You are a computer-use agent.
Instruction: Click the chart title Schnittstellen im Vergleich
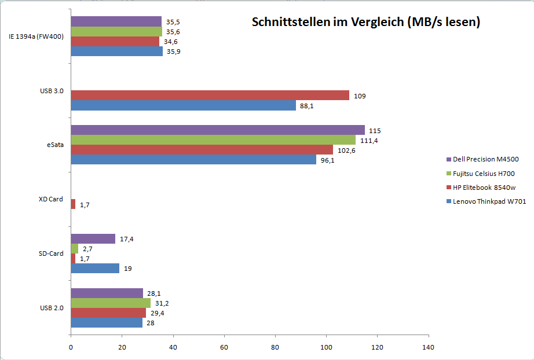point(366,23)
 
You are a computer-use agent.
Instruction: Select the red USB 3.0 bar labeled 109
point(210,95)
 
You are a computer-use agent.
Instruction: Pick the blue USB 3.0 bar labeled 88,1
point(184,105)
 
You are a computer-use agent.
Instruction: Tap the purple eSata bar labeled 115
point(218,130)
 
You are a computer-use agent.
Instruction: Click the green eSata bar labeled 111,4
point(213,140)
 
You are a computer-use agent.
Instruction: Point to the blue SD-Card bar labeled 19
point(95,269)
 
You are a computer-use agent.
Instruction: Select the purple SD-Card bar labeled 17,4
point(93,238)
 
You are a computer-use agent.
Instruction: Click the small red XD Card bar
point(73,204)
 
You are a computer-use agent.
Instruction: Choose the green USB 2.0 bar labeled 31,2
point(111,303)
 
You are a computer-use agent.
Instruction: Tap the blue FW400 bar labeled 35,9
point(116,51)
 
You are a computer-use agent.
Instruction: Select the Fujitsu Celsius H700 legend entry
point(483,174)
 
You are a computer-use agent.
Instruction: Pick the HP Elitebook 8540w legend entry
point(483,188)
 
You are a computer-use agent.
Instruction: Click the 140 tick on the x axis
point(429,347)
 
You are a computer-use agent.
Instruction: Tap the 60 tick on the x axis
point(224,347)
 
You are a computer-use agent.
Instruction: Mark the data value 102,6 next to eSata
point(346,150)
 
